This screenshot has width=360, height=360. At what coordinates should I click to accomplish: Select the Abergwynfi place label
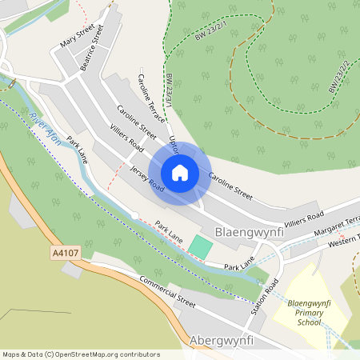[x=221, y=341]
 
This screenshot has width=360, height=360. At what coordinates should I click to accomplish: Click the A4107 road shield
[x=65, y=252]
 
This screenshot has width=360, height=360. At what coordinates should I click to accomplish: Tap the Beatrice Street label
[x=93, y=49]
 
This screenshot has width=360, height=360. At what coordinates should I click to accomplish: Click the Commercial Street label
[x=167, y=294]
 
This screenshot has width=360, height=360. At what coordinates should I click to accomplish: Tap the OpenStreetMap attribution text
[x=80, y=354]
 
